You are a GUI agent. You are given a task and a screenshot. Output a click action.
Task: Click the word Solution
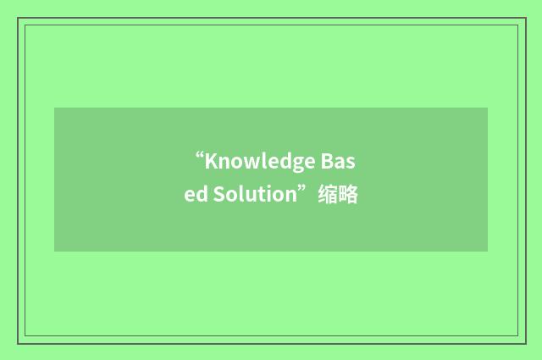(x=250, y=195)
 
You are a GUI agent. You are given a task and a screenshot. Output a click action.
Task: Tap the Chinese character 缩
(x=327, y=195)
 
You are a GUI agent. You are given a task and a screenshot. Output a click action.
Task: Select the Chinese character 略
(x=347, y=195)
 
